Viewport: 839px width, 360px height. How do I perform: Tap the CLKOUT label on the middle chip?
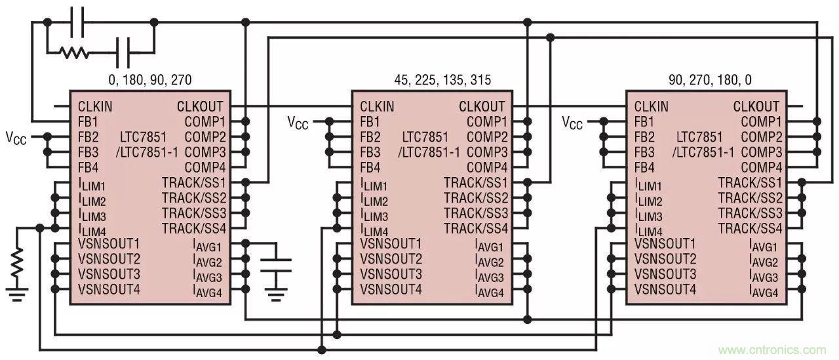coord(482,106)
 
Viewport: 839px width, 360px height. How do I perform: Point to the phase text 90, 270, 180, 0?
coord(710,80)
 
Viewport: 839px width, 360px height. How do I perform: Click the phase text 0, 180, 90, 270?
coord(149,80)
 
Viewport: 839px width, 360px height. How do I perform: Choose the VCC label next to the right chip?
coord(572,122)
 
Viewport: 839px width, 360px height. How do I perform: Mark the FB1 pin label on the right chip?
coord(645,122)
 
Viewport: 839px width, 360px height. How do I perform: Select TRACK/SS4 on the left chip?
coord(194,228)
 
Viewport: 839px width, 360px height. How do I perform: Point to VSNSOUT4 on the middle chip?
coord(391,289)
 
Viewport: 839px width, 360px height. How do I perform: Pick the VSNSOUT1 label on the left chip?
coord(109,243)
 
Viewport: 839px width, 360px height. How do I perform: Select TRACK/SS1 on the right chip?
coord(750,182)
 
